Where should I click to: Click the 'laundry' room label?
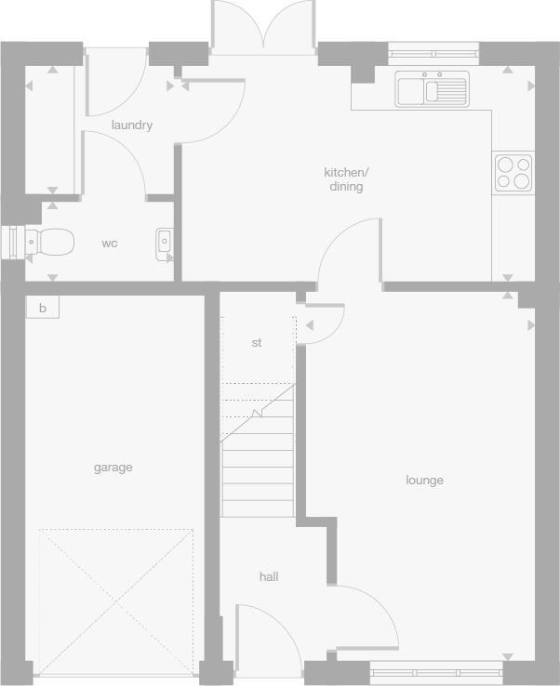click(131, 125)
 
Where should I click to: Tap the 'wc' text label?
click(110, 244)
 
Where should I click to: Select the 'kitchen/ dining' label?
click(346, 179)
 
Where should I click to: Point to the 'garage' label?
click(113, 468)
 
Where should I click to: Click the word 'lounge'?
click(424, 481)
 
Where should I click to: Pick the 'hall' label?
click(269, 577)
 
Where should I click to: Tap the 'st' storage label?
click(257, 343)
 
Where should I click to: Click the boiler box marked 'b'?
click(42, 308)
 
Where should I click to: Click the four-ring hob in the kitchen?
click(513, 171)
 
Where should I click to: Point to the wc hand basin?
click(165, 242)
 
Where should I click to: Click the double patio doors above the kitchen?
click(265, 26)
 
